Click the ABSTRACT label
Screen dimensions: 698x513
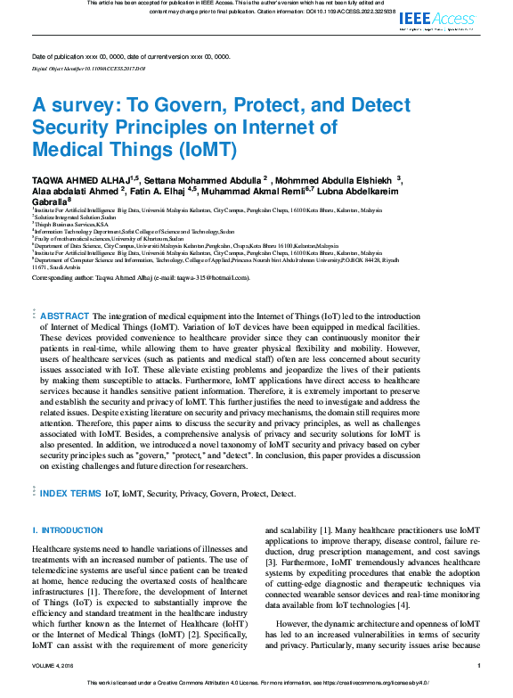(x=65, y=316)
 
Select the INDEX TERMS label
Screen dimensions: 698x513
(x=70, y=493)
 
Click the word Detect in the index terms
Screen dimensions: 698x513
(x=282, y=493)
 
